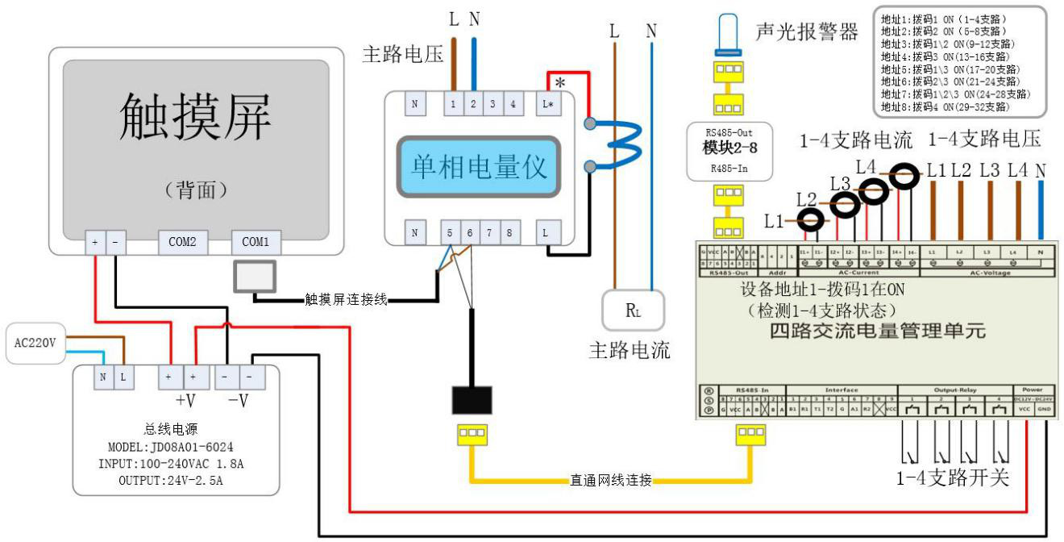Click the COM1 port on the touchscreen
(x=256, y=241)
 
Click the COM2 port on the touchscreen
(x=182, y=241)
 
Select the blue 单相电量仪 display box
(x=479, y=167)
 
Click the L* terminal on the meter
(x=548, y=104)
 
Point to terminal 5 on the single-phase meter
(x=449, y=233)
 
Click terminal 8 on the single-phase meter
(x=509, y=233)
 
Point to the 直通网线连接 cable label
(x=609, y=481)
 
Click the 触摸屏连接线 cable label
(x=346, y=299)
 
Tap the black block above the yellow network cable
(x=472, y=400)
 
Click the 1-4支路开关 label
(x=953, y=477)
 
